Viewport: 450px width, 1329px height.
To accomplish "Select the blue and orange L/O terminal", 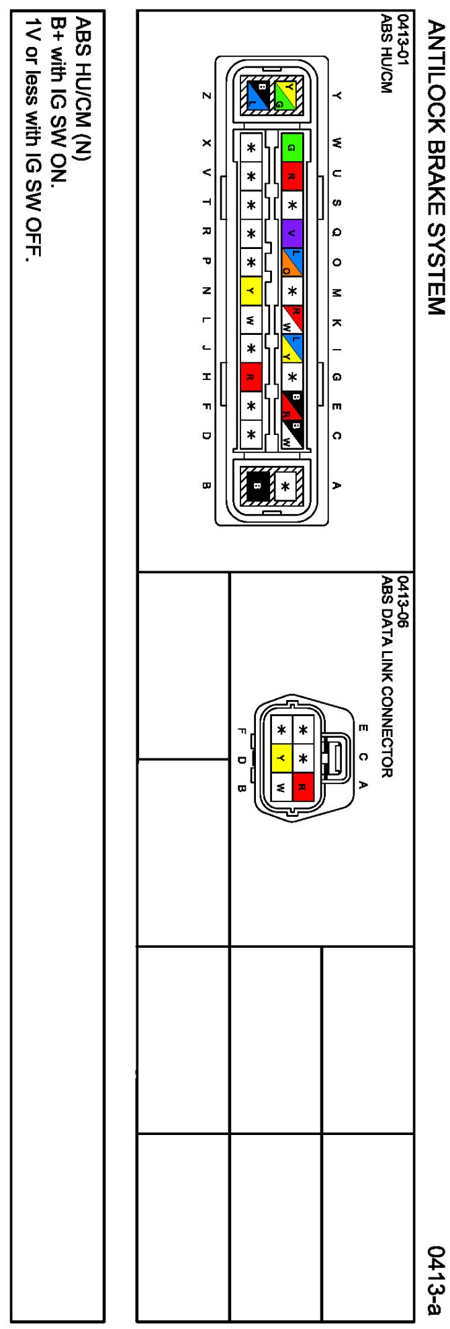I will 291,262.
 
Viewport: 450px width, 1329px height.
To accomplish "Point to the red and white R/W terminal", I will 291,319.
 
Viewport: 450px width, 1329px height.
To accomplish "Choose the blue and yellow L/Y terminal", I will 291,348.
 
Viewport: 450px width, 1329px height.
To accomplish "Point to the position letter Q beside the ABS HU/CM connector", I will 336,234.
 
